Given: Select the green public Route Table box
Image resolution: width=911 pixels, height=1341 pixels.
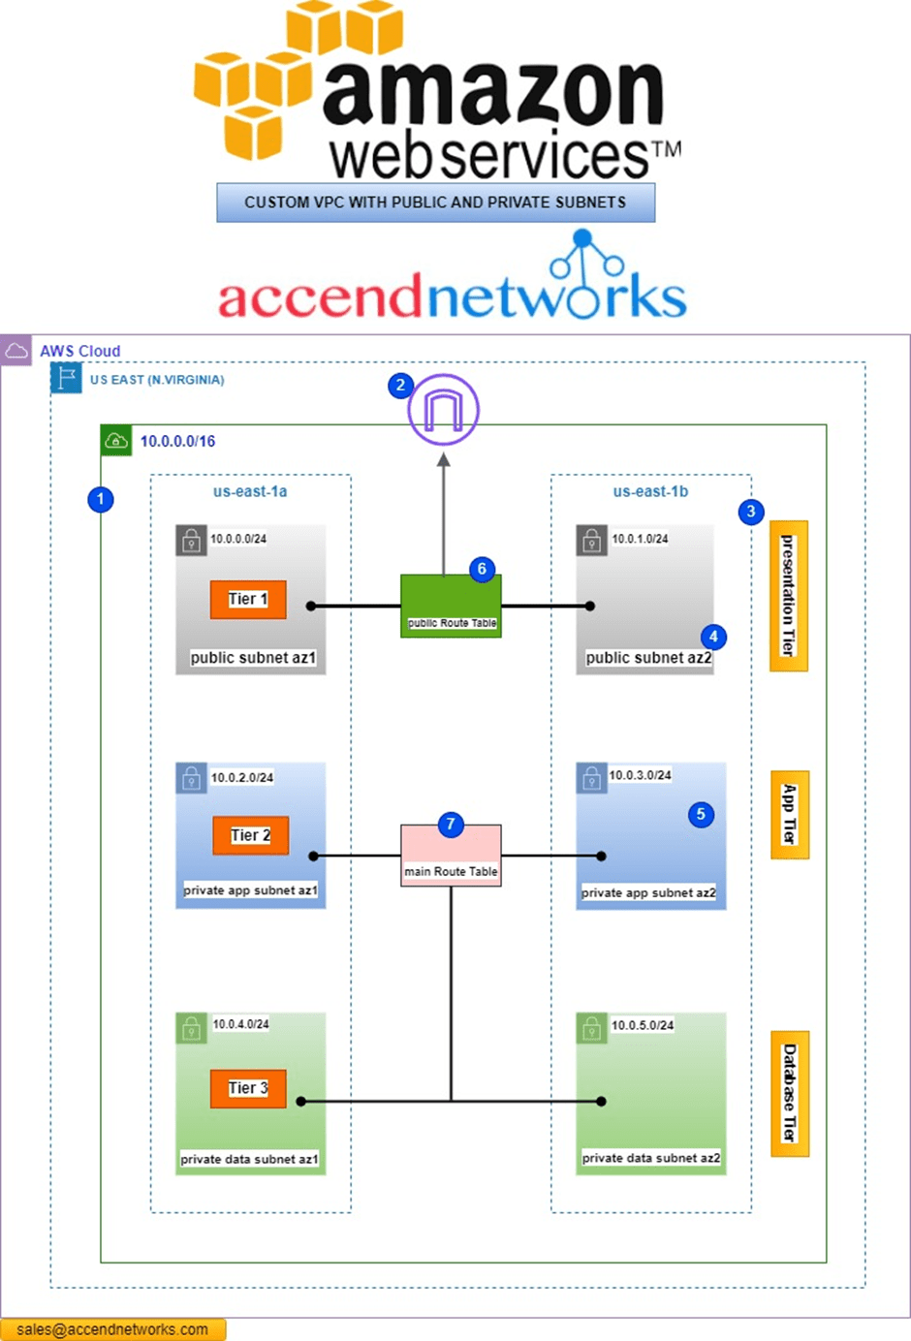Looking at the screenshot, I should pos(451,606).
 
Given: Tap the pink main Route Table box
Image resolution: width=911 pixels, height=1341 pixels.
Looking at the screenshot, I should pos(451,856).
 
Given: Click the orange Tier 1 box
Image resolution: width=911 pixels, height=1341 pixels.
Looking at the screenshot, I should pos(248,600).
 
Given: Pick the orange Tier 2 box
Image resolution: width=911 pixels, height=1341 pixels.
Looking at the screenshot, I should pos(250,835).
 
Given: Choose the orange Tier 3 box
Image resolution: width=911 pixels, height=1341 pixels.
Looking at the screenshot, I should pos(248,1088).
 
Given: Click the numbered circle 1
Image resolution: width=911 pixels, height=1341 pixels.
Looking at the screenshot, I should pos(100,500).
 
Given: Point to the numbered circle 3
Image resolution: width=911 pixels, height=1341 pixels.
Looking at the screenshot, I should pos(750,512).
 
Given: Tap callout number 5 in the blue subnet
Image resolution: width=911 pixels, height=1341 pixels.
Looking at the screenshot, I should pos(701,814).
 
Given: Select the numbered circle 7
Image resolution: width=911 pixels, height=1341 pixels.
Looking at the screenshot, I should pos(450,825).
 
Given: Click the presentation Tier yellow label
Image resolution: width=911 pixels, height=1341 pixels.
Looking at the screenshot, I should pos(788,596).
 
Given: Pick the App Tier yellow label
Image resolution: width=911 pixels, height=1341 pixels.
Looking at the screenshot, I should pos(789,815).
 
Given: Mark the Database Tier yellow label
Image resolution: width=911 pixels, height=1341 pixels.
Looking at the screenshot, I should pos(789,1093).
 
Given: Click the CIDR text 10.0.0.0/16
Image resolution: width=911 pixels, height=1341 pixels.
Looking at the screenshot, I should pos(177,442).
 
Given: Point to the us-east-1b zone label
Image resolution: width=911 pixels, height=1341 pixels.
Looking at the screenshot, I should pos(650,491).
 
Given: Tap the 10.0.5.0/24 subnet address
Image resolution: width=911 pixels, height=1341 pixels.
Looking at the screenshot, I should pos(643,1025).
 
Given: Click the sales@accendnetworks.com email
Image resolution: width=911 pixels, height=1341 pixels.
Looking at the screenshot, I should pos(112,1329).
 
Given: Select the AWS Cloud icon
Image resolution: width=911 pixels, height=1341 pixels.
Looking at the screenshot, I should pos(16,351).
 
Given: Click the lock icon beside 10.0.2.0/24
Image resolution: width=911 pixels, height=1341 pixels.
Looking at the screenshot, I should pos(191,777).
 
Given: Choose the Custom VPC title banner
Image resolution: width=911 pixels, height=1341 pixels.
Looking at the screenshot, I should pos(435,203).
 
